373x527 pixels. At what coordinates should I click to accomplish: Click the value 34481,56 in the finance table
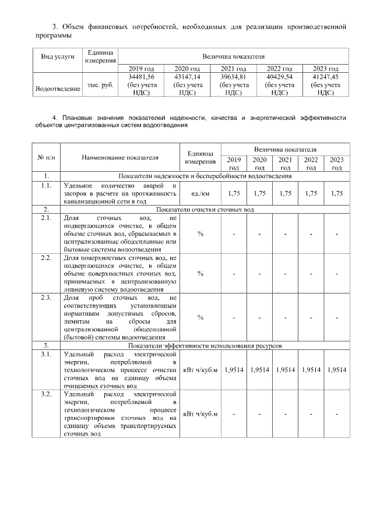(143, 77)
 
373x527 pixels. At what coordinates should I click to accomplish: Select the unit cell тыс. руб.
(100, 84)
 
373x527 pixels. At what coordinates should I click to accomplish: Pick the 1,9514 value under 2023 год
(337, 369)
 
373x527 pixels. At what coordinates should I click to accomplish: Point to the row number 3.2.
(47, 395)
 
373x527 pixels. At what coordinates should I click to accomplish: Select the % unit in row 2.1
(200, 235)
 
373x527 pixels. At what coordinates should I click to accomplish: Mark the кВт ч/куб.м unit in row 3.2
(200, 414)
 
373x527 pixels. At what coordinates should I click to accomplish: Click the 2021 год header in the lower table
(285, 164)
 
